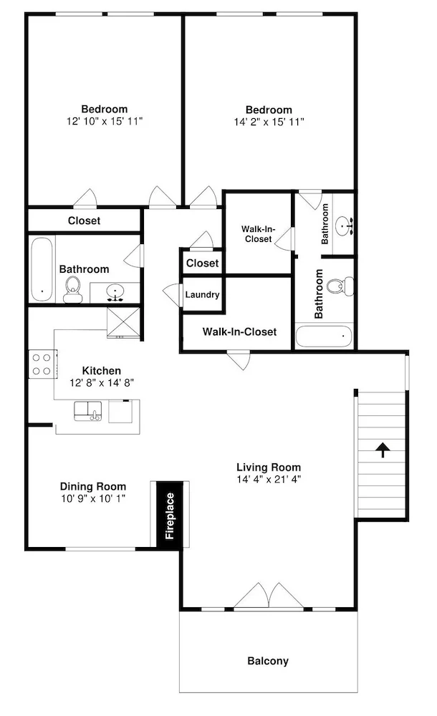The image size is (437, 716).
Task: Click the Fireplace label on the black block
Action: [170, 516]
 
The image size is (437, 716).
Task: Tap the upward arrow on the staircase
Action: [382, 450]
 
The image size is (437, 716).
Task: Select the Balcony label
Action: [268, 661]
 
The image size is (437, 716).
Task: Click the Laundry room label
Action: [202, 295]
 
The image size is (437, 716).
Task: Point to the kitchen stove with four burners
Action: [42, 364]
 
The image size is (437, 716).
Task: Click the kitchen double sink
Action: [88, 411]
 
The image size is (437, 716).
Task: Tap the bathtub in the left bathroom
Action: [42, 268]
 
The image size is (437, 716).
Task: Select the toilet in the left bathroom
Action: [72, 289]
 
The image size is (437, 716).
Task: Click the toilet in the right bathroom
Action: [340, 286]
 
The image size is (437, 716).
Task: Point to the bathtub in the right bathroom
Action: [324, 336]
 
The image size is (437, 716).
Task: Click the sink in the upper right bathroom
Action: [344, 225]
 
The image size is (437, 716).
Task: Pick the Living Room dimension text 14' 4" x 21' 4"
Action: [269, 479]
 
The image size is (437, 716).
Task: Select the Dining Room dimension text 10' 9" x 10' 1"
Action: [93, 498]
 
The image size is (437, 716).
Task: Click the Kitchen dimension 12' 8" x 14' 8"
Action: [102, 382]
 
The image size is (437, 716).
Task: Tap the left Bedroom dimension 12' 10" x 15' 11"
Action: [105, 121]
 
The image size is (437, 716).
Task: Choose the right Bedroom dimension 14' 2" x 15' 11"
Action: [269, 122]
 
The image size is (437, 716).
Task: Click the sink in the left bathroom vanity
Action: [115, 292]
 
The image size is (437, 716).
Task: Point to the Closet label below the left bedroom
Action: [84, 221]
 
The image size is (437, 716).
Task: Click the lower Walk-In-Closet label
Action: [239, 332]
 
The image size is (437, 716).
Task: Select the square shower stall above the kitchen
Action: [123, 322]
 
